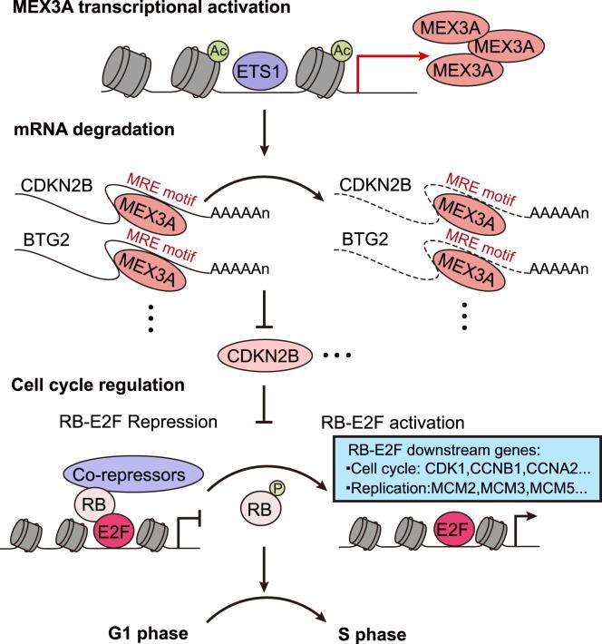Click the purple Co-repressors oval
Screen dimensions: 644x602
[149, 474]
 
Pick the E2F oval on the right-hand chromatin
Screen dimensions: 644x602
[463, 551]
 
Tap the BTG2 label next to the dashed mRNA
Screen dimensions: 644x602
[370, 245]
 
